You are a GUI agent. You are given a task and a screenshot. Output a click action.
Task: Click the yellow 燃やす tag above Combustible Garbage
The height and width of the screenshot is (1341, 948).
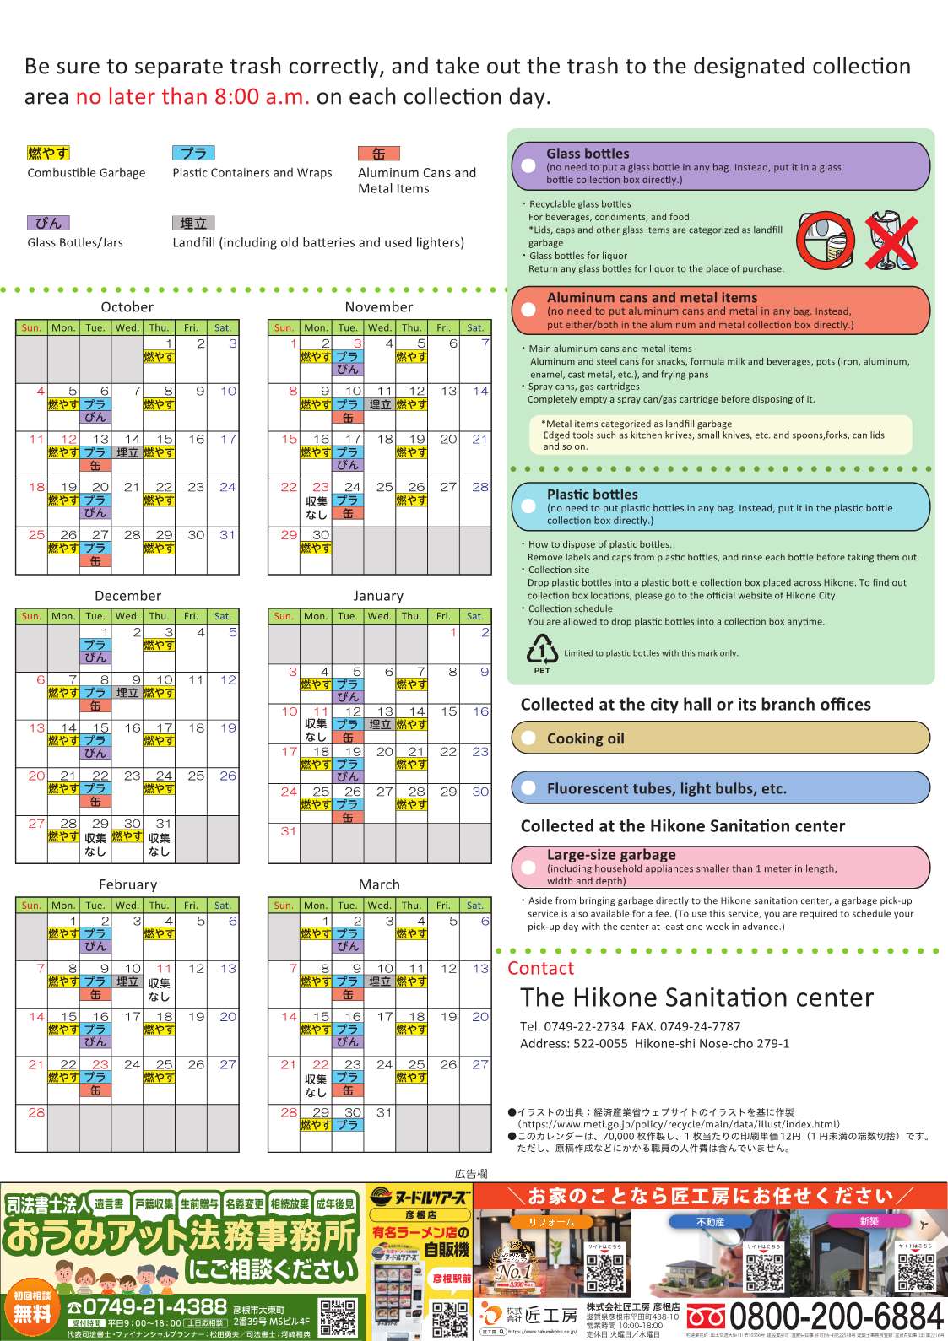(48, 153)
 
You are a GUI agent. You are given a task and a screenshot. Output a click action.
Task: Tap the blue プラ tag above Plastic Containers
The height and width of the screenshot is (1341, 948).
(193, 153)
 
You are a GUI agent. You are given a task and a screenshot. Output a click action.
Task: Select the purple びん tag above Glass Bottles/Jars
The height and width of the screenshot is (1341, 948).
(48, 223)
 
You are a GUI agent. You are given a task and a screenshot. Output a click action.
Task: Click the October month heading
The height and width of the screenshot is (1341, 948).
(127, 307)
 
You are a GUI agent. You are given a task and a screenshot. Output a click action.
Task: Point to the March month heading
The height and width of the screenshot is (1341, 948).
(379, 884)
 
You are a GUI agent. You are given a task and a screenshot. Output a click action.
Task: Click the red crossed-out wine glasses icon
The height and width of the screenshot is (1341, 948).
(893, 241)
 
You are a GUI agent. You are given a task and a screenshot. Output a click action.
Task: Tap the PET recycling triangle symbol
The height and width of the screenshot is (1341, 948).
(542, 651)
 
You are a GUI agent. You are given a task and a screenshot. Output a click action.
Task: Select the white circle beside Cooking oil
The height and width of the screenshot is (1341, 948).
(529, 738)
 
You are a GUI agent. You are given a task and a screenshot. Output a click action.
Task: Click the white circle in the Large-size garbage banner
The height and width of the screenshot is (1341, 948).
(529, 867)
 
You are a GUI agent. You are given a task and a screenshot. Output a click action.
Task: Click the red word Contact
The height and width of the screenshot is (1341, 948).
(540, 968)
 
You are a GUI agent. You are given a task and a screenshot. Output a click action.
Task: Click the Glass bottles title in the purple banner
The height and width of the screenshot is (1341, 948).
(588, 154)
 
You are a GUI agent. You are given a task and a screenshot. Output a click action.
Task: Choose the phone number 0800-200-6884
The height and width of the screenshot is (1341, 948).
(836, 1316)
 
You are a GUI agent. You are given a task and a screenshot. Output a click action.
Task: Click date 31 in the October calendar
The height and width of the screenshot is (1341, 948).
(227, 535)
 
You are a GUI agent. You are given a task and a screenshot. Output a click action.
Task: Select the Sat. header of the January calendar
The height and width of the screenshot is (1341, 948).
(475, 616)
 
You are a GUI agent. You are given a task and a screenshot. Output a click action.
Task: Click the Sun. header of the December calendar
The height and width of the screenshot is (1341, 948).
(31, 616)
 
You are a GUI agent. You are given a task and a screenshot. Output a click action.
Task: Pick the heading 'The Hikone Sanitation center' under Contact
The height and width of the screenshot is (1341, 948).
(696, 998)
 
